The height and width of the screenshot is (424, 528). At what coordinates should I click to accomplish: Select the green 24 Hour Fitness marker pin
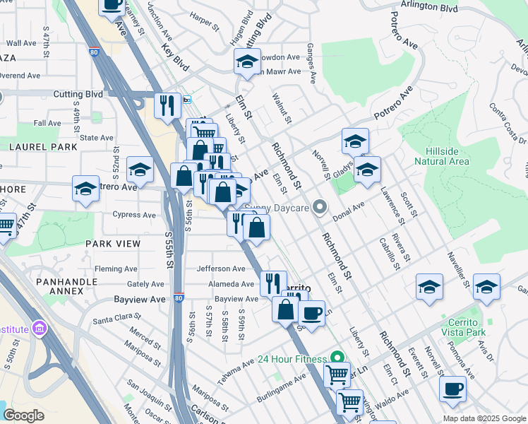tap(337, 358)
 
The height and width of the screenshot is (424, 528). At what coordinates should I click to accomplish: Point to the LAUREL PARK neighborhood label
tap(32, 147)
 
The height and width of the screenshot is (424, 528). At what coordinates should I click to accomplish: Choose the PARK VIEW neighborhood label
tap(112, 243)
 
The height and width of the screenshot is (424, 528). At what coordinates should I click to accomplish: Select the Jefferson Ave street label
tap(220, 269)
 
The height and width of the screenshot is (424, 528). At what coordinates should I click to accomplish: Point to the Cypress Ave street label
tap(134, 215)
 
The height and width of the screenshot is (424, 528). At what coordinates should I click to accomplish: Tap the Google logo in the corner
tap(23, 416)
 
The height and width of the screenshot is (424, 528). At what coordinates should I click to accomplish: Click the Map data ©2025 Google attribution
tap(484, 418)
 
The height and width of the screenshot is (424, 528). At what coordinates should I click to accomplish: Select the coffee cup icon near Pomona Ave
tap(452, 389)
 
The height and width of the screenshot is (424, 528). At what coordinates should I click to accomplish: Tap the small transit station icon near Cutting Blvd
tap(187, 100)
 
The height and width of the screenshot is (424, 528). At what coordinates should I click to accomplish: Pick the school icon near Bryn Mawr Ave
tap(248, 62)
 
